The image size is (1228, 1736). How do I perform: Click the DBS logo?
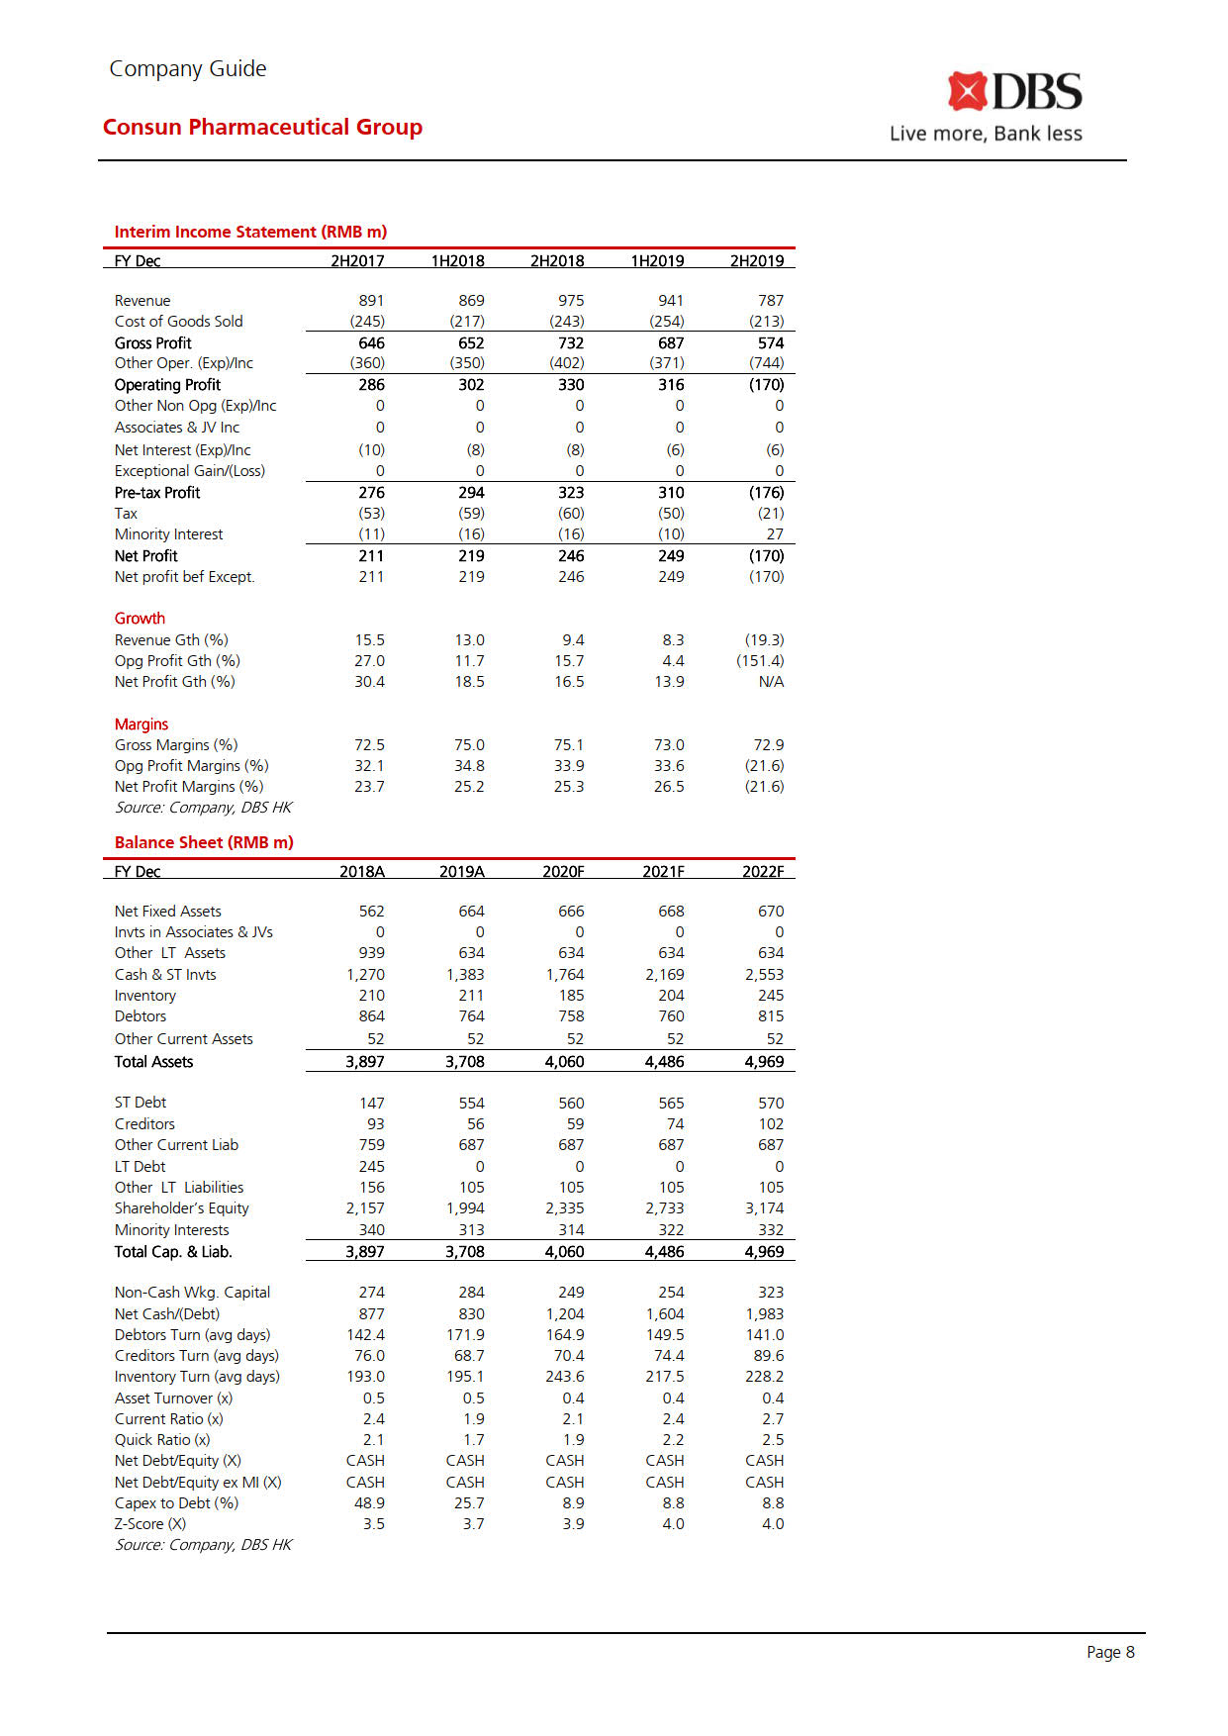coord(1013,92)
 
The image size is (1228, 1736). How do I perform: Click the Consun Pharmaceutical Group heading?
coord(262,127)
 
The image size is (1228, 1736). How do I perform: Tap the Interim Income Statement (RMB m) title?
coord(250,232)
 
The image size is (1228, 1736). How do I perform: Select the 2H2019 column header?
coord(756,260)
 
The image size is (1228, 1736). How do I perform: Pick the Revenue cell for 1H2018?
coord(471,300)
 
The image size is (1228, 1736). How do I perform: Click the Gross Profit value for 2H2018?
coord(570,342)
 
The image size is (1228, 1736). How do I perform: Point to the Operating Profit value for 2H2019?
coord(766,384)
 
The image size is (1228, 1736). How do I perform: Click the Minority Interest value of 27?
coord(774,533)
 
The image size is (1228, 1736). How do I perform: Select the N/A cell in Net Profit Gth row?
coord(770,681)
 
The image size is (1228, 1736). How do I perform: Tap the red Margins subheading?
coord(142,723)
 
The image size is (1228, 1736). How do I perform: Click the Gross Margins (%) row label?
coord(176,744)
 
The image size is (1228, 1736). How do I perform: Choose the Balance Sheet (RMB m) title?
coord(204,842)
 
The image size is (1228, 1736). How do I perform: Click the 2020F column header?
coord(563,871)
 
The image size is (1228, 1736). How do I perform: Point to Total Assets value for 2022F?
coord(763,1061)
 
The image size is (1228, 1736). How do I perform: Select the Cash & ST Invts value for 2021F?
coord(664,974)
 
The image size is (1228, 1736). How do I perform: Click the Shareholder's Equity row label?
coord(182,1207)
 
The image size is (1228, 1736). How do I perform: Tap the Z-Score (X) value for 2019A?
coord(473,1523)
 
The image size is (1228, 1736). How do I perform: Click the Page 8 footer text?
coord(1110,1652)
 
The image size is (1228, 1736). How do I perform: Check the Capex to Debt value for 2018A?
coord(369,1502)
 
